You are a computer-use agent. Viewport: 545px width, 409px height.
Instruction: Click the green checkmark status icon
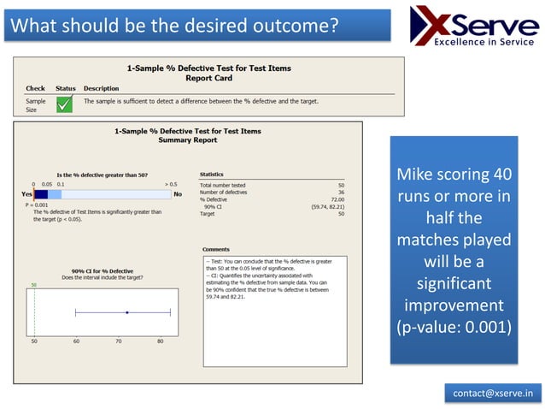coord(65,104)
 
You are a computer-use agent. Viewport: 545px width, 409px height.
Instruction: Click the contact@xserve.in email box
coord(493,393)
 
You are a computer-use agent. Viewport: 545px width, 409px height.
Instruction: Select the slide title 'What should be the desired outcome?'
coord(172,25)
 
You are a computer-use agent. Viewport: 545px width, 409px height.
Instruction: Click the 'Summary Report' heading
coord(186,140)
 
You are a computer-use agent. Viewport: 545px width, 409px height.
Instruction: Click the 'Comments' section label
coord(216,249)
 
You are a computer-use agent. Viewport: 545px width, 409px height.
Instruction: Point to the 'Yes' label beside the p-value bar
coord(26,195)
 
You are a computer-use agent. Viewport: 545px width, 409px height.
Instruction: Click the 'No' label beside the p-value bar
coord(179,195)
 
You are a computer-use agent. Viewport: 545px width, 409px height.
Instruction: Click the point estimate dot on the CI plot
coord(126,312)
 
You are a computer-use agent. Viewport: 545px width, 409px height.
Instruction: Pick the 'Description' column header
coord(101,88)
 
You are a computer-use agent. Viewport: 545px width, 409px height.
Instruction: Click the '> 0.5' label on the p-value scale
coord(171,184)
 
